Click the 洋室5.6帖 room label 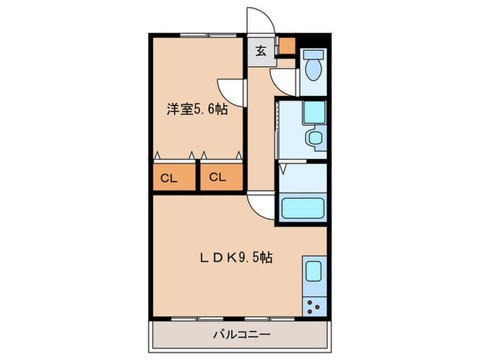point(197,109)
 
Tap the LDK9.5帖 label point(237,258)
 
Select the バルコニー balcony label point(242,335)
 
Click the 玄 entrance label point(261,51)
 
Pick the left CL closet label point(169,178)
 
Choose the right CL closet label point(217,177)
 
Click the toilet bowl point(313,69)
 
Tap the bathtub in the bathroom point(303,208)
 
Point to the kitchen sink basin point(314,272)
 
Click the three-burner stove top point(314,307)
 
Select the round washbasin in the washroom point(314,137)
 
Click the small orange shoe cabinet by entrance point(287,46)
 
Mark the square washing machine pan point(314,112)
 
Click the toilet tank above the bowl point(313,54)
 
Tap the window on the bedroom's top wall point(208,36)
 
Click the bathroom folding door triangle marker point(283,169)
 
